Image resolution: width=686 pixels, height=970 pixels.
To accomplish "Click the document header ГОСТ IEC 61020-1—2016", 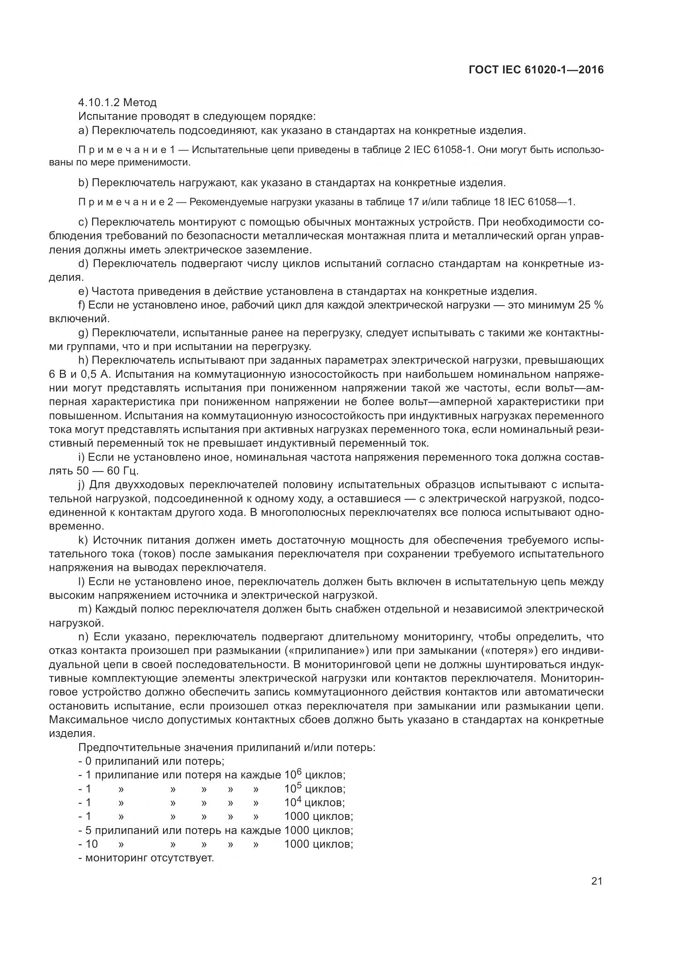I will [536, 70].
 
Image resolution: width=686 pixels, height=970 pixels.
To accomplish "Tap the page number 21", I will [596, 881].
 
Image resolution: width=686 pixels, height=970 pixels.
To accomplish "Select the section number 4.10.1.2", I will [99, 103].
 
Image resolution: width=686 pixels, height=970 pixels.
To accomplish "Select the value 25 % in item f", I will [591, 305].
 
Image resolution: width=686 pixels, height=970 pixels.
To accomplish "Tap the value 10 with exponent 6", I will [293, 775].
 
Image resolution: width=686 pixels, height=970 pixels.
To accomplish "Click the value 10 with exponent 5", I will [293, 789].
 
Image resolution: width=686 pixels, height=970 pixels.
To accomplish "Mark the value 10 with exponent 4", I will [293, 802].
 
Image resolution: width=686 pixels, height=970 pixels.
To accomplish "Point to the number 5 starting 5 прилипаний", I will [88, 830].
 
